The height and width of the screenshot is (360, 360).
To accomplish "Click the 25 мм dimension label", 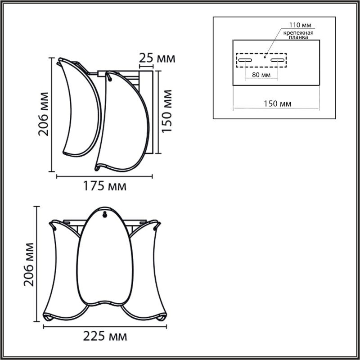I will point(156,58).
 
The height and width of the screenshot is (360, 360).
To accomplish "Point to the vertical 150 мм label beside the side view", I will point(166,110).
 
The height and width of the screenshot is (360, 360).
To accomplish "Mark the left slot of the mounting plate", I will point(246,60).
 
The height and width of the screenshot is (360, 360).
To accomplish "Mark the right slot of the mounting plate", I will point(278,60).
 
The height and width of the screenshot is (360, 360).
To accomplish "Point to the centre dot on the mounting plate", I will point(265,57).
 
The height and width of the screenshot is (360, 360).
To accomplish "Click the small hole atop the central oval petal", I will point(105,215).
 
